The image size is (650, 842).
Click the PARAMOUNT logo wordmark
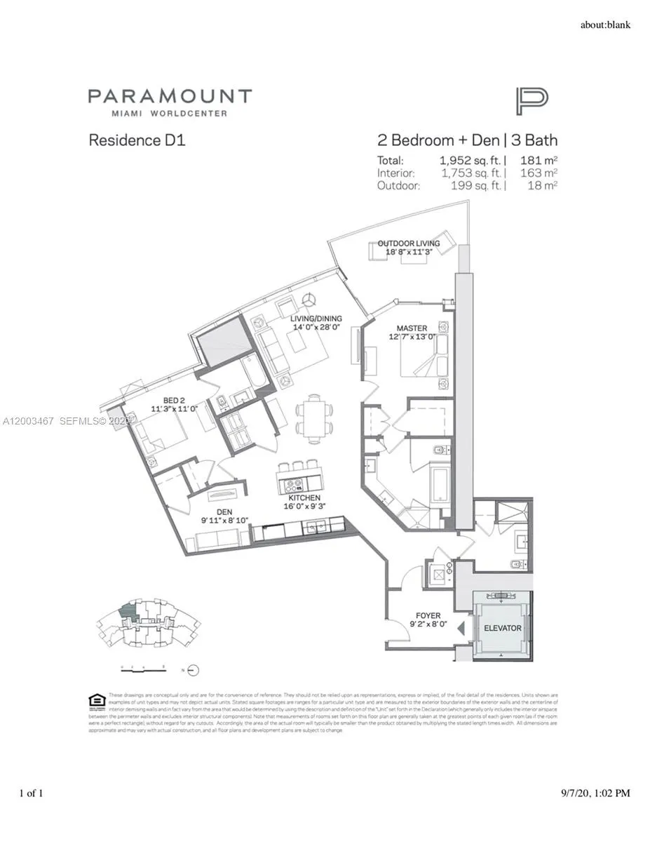pos(169,97)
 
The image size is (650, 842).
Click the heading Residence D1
pos(137,140)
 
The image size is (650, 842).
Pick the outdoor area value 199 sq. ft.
pos(474,185)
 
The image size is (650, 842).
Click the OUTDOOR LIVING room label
pos(409,243)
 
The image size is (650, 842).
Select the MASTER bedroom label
pos(412,328)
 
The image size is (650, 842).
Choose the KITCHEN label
pos(304,497)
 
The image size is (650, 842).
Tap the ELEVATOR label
pos(502,628)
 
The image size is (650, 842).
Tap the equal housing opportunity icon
pos(97,700)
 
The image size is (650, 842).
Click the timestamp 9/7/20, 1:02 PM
pos(595,794)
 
